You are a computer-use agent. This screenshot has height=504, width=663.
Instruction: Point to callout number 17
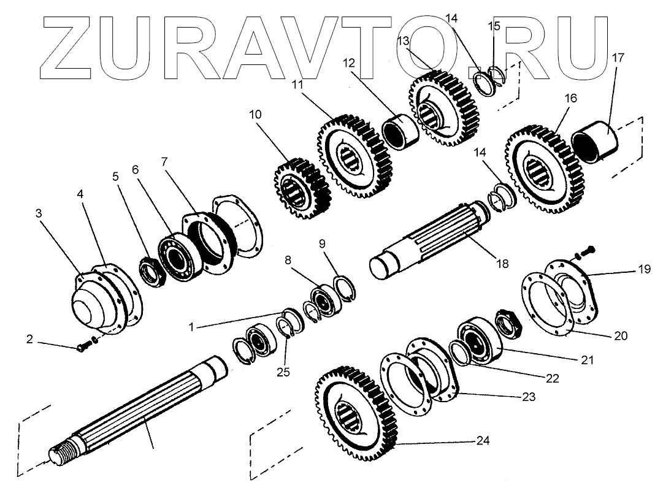618,59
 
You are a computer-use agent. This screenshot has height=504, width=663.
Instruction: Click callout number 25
283,372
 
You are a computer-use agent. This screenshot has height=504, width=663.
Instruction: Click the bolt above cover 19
587,251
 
